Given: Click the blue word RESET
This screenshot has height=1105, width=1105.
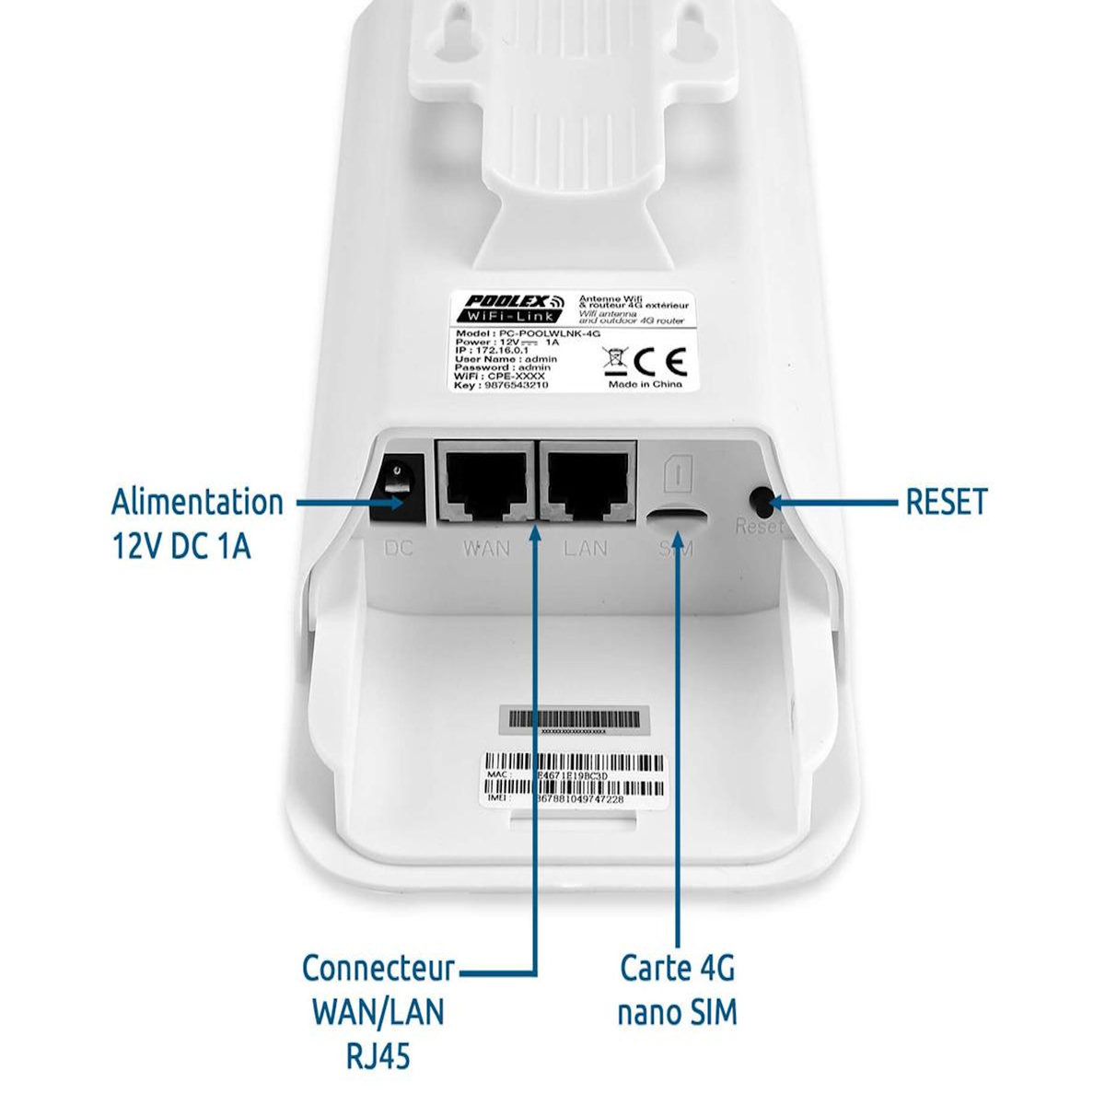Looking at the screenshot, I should point(946,503).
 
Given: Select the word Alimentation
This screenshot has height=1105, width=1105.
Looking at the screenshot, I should point(197,503).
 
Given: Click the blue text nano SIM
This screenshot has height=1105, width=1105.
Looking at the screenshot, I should point(677,1013).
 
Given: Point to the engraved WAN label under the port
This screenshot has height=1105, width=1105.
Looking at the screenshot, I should point(485,549).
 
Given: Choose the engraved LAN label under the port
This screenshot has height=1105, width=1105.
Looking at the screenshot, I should point(586,549).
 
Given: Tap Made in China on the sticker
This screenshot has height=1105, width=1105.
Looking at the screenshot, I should point(646,385).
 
